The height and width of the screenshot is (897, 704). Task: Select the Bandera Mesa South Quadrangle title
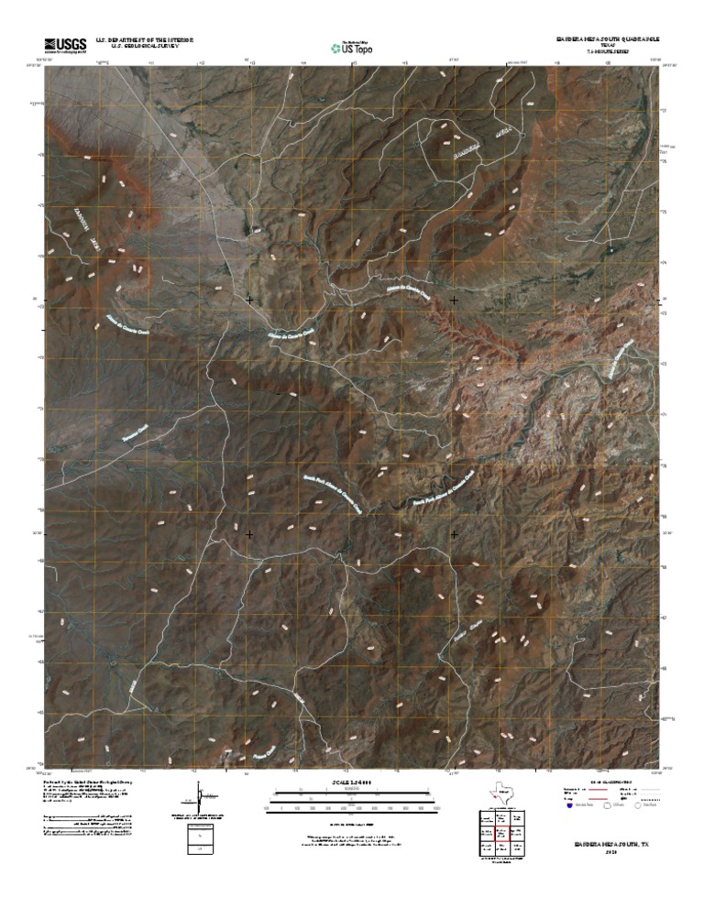click(606, 40)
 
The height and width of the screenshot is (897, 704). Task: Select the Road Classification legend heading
click(610, 780)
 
